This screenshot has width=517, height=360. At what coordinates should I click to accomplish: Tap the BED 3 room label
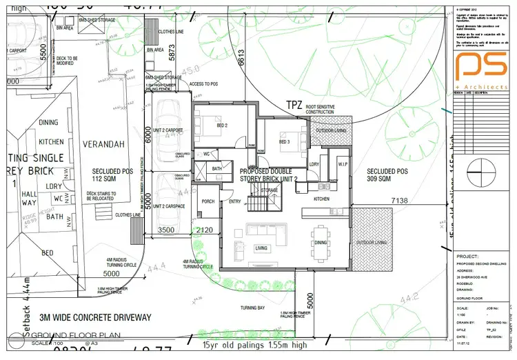click(x=284, y=141)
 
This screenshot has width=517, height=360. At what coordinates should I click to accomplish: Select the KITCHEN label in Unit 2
click(x=322, y=199)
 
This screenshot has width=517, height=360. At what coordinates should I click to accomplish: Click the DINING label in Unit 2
click(x=321, y=243)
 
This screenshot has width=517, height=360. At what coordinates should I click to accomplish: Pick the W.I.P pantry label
click(x=343, y=164)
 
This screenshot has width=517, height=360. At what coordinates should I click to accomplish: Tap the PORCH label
click(x=207, y=202)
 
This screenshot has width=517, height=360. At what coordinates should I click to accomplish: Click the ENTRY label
click(x=235, y=202)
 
